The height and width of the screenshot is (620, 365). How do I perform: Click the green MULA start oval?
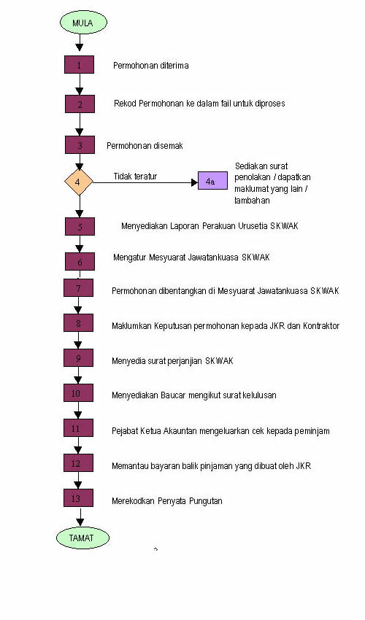(x=83, y=22)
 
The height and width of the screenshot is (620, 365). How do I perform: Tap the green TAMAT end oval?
(x=82, y=538)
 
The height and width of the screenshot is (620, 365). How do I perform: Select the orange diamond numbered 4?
(x=79, y=182)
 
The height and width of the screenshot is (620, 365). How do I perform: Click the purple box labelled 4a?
(x=212, y=181)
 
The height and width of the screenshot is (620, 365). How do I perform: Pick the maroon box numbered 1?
(x=79, y=64)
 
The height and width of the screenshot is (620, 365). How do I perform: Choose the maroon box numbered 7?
(x=78, y=288)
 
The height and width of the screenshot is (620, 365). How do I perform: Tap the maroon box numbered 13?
(x=78, y=497)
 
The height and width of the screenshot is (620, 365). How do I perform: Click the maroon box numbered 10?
(x=78, y=393)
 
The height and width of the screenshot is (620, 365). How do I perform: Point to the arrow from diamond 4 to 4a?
(x=145, y=182)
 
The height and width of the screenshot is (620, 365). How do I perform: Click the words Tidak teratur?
(x=135, y=177)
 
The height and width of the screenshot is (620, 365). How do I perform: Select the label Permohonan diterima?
(x=151, y=65)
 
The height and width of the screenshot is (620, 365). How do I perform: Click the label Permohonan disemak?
(x=145, y=145)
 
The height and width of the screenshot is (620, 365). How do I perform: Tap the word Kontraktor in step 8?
(x=321, y=326)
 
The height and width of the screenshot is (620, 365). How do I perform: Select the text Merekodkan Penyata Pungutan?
(x=167, y=501)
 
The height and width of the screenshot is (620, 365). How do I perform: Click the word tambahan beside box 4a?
(x=252, y=200)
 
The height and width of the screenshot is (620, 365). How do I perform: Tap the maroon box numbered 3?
(x=80, y=144)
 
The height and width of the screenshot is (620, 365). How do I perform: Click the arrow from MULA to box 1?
(x=80, y=42)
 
